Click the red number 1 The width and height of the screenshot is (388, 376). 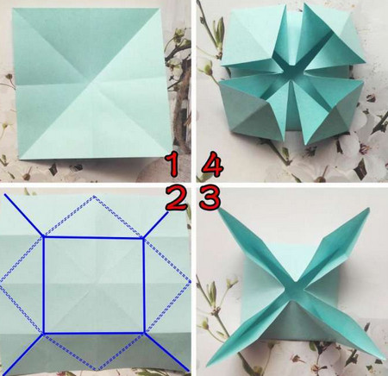[x=172, y=165]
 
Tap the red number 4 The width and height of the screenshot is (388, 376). [x=212, y=166]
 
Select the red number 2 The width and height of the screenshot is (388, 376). [x=176, y=198]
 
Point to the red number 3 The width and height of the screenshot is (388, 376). [x=210, y=198]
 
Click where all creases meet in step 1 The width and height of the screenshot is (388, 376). [x=92, y=84]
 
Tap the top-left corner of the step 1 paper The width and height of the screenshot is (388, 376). [x=12, y=9]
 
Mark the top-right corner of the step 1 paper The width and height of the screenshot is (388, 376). [x=160, y=9]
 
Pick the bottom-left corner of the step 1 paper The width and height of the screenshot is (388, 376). [x=20, y=159]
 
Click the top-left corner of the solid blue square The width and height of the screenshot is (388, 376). [x=44, y=237]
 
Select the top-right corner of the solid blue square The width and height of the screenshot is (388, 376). [x=143, y=238]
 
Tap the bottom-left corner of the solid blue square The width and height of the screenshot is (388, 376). [x=44, y=334]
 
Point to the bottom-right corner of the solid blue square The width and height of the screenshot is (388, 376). [x=144, y=333]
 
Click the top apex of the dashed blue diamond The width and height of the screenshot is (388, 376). [x=94, y=197]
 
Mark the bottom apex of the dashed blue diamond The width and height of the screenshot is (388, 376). [x=97, y=370]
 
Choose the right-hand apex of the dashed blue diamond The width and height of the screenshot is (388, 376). [x=190, y=281]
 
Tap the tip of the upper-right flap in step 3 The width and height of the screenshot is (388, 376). [x=369, y=208]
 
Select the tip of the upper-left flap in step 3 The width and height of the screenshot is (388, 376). [x=219, y=210]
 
